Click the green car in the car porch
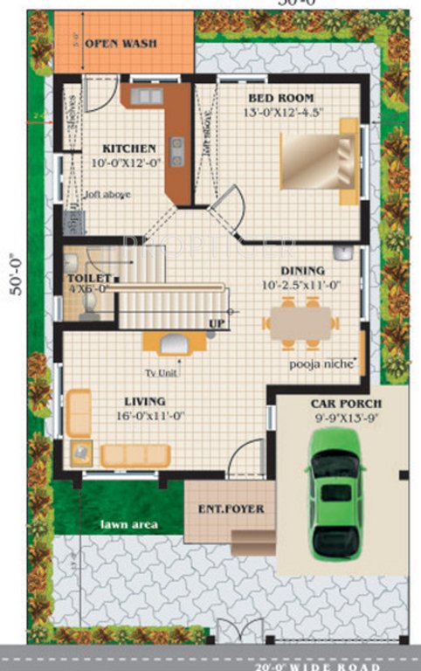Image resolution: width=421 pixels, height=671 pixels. point(336,498)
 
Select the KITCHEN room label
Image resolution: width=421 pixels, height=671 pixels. point(129,149)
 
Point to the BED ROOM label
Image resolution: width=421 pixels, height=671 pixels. point(280,98)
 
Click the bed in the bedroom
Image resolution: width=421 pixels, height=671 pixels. point(319,161)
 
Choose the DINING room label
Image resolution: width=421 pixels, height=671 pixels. point(302,271)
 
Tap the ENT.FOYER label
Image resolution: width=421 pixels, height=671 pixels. point(231,508)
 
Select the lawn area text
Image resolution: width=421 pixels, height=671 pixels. point(128,524)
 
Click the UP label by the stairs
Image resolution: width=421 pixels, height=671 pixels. point(217,323)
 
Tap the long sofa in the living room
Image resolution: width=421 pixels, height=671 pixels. point(135,455)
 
